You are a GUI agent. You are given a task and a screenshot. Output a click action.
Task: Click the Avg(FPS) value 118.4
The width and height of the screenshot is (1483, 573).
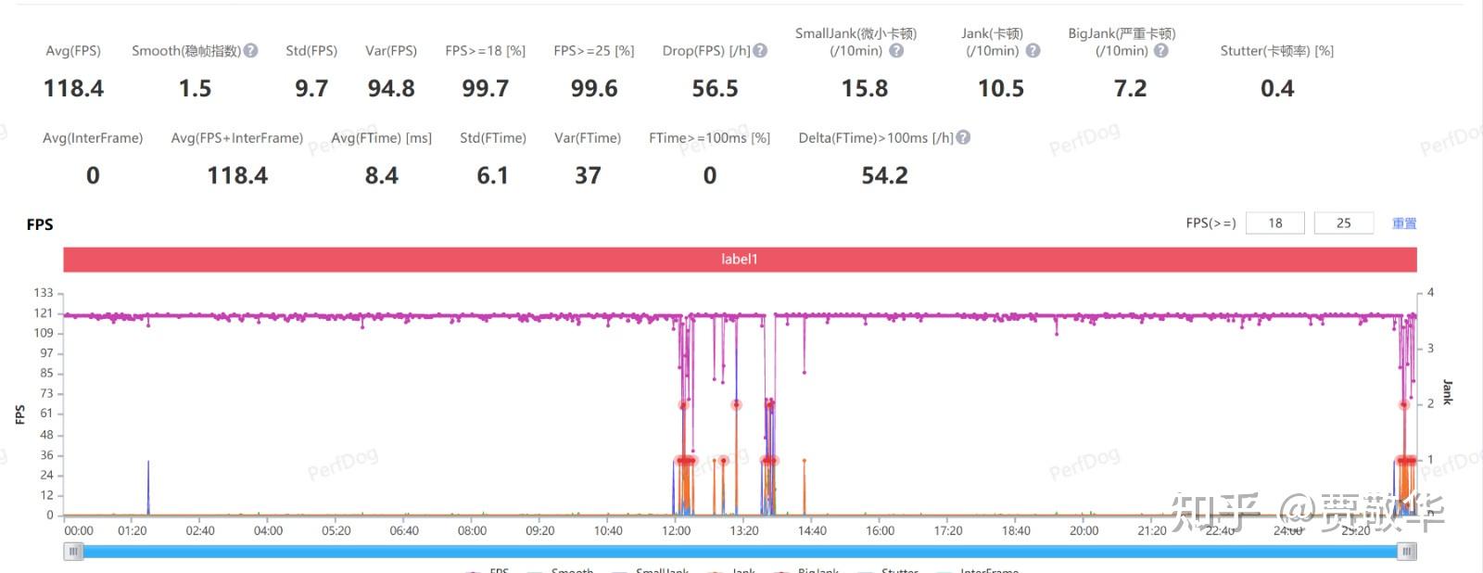pyautogui.click(x=73, y=89)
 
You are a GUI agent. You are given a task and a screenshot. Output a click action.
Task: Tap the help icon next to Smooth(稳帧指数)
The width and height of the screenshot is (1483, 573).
pyautogui.click(x=251, y=51)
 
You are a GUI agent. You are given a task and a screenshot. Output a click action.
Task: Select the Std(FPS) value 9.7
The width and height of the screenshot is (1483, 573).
pyautogui.click(x=311, y=89)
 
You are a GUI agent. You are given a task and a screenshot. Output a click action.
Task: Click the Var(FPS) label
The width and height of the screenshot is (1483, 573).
pyautogui.click(x=390, y=51)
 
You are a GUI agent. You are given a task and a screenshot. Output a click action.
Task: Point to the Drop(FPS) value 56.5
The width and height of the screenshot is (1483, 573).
pyautogui.click(x=715, y=89)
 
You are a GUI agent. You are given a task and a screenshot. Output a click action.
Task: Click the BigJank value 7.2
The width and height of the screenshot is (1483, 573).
pyautogui.click(x=1130, y=89)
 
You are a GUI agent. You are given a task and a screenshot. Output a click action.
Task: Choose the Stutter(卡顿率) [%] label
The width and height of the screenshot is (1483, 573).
pyautogui.click(x=1276, y=51)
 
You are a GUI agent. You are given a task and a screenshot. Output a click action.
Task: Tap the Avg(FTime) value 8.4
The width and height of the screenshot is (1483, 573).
pyautogui.click(x=381, y=176)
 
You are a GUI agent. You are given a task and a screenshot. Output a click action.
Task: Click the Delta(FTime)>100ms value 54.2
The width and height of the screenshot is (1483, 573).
pyautogui.click(x=884, y=176)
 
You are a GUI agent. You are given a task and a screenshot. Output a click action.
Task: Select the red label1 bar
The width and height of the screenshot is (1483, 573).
pyautogui.click(x=740, y=260)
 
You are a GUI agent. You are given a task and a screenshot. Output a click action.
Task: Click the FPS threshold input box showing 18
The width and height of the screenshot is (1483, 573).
pyautogui.click(x=1274, y=223)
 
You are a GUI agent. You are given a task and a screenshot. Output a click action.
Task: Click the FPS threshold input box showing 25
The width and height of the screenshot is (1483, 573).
pyautogui.click(x=1343, y=223)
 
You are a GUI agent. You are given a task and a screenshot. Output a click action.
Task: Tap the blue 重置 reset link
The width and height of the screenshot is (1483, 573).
pyautogui.click(x=1404, y=223)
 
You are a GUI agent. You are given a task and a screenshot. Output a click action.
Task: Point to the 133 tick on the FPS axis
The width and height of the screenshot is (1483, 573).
pyautogui.click(x=44, y=293)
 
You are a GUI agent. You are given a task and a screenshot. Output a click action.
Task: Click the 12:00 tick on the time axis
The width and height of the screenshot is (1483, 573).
pyautogui.click(x=676, y=531)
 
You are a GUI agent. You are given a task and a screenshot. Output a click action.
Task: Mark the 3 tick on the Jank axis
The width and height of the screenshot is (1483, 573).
pyautogui.click(x=1430, y=349)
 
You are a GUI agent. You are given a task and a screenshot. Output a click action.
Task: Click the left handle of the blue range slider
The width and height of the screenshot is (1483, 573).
pyautogui.click(x=73, y=552)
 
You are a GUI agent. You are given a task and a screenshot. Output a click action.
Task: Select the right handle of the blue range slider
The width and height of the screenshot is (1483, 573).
pyautogui.click(x=1407, y=552)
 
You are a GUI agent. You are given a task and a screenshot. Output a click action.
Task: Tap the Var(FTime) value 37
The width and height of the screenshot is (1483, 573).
pyautogui.click(x=588, y=176)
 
